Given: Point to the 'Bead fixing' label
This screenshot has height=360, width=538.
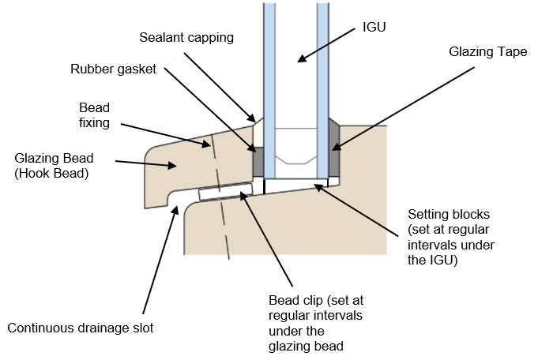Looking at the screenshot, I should [x=95, y=114].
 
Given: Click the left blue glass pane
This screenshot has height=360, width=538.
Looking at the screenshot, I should [x=269, y=63].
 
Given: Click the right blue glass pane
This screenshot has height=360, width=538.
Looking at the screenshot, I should [x=322, y=63].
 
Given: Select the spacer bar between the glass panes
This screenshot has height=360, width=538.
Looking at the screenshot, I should [x=295, y=150].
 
